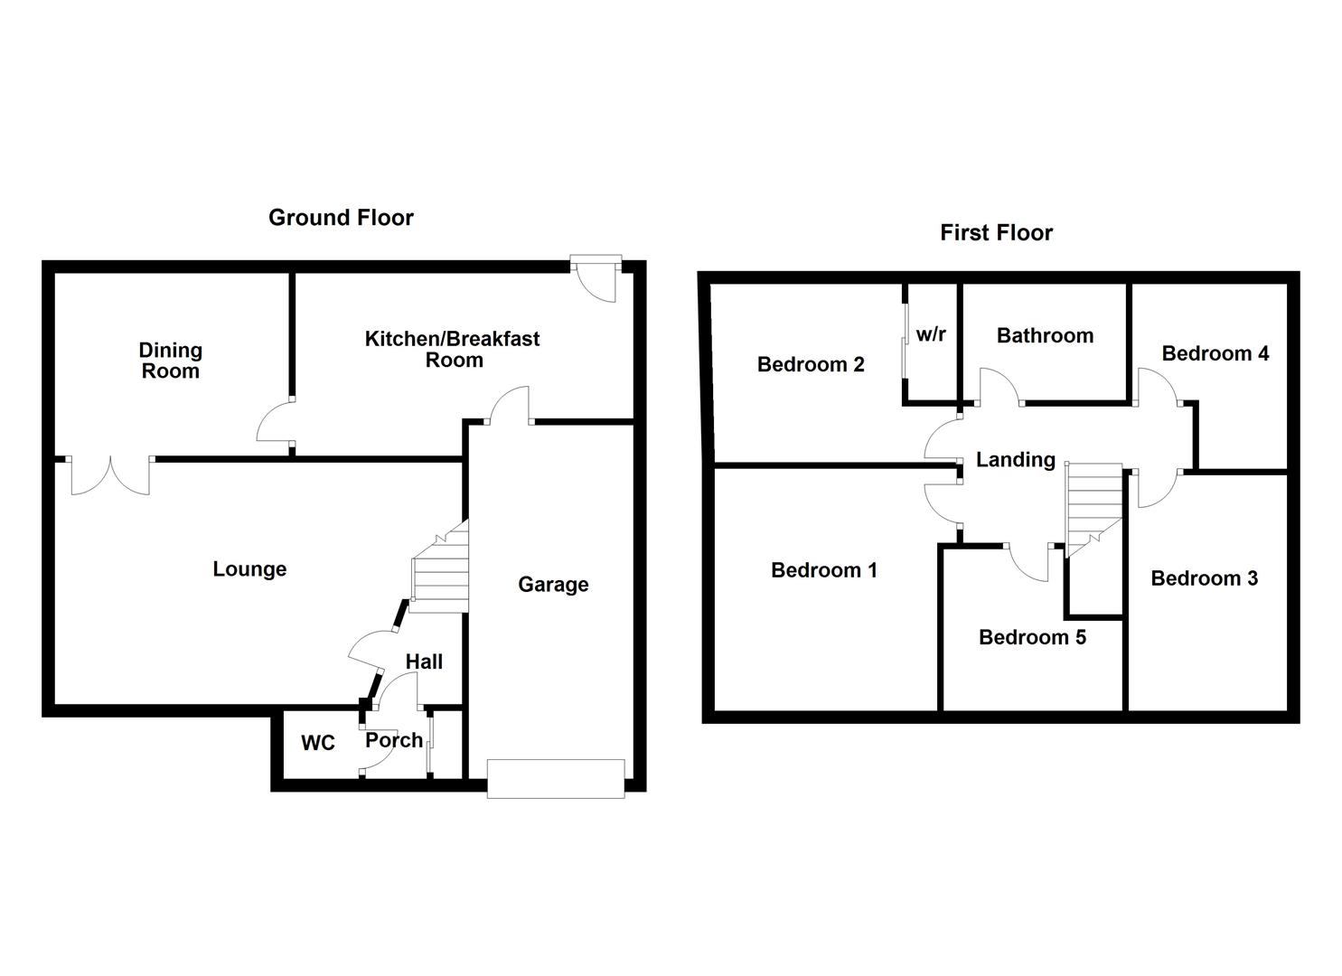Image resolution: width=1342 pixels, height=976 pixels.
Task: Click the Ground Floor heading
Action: pos(341,218)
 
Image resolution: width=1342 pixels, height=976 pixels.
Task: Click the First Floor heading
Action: pos(996,233)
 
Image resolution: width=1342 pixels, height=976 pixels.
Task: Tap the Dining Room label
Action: pos(170,361)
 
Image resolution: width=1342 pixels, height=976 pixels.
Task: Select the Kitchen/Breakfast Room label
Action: pos(453,349)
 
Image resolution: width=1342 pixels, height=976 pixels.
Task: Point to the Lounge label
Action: pos(249,569)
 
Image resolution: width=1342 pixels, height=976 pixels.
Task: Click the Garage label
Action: pos(553,585)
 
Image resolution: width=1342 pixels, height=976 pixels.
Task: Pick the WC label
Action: pos(317,743)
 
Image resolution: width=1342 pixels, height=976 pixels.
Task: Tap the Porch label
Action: pos(394,740)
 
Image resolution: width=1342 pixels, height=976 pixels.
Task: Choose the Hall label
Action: pos(424,662)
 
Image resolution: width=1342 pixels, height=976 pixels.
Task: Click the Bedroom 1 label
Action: pos(823,570)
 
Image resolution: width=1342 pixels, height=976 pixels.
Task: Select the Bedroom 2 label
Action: pos(811,364)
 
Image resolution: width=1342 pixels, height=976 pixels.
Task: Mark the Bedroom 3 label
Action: pos(1204,578)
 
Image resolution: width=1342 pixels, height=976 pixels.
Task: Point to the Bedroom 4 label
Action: pos(1215,353)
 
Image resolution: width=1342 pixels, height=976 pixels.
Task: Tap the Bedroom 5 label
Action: pos(1032,638)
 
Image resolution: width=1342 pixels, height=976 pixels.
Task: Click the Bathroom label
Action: pos(1045,336)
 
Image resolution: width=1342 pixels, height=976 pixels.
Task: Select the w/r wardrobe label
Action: pos(931,334)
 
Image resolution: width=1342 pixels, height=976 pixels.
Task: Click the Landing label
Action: pos(1015,460)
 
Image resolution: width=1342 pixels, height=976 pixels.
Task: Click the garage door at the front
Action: pos(555,778)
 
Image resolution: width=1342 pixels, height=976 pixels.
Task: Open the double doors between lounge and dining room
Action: pos(109,474)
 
